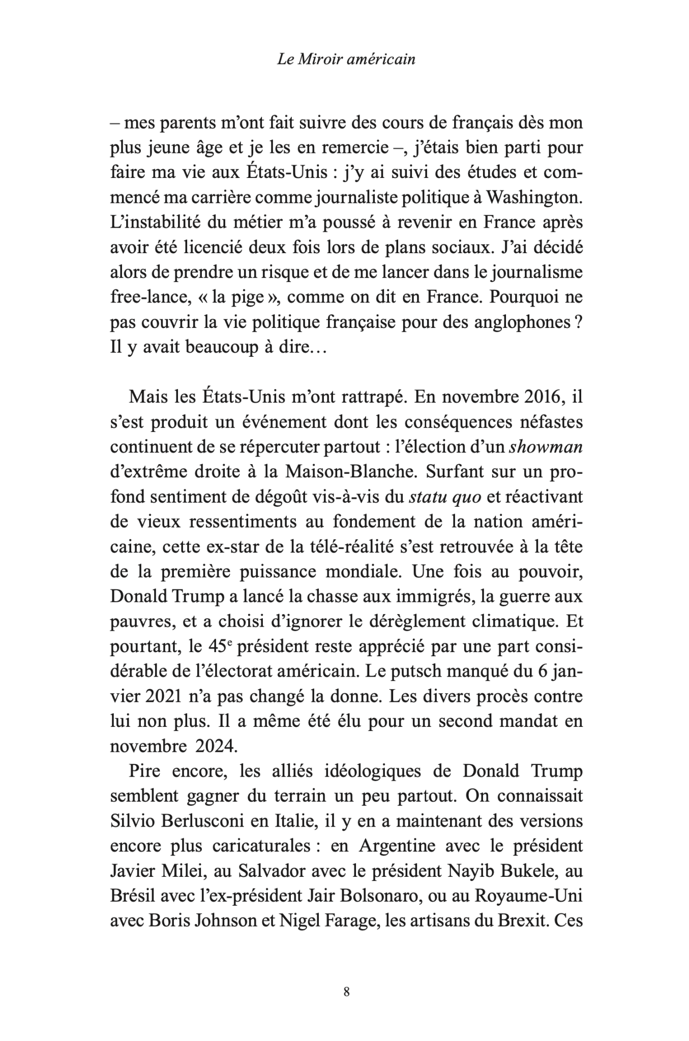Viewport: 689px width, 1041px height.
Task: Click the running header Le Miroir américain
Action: tap(346, 59)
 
